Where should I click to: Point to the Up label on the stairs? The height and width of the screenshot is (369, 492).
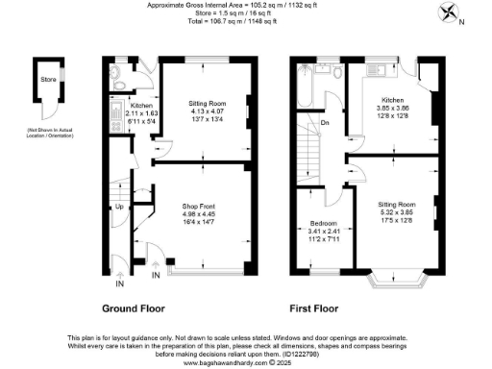click(120, 207)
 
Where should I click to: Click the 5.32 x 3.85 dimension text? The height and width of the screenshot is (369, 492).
click(395, 213)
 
